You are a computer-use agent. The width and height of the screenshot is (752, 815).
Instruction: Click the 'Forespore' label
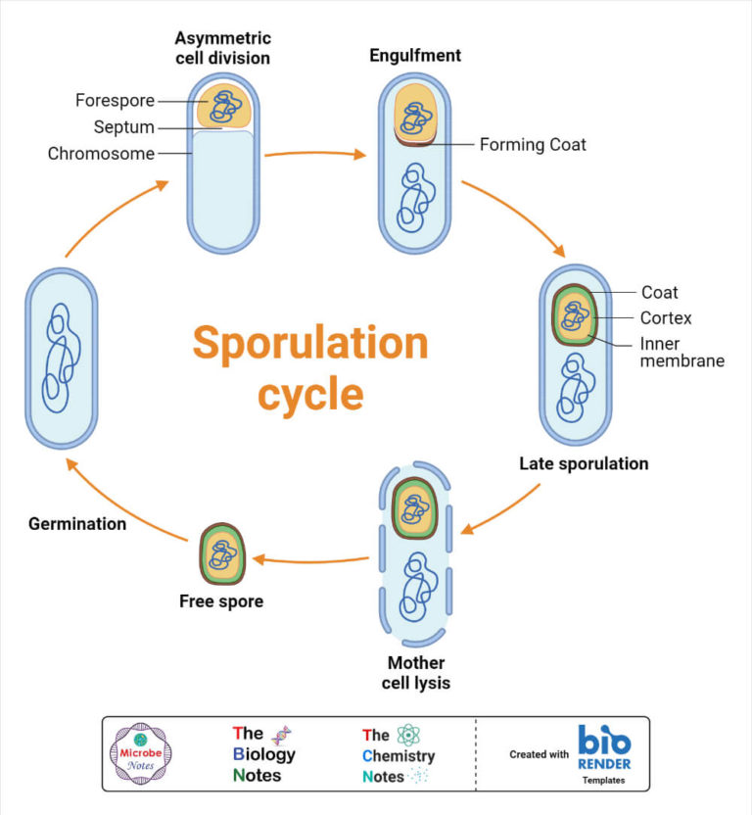pos(115,100)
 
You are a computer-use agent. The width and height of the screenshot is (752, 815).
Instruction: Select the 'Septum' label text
pos(124,126)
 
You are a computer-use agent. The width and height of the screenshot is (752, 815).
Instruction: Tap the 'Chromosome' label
pos(101,153)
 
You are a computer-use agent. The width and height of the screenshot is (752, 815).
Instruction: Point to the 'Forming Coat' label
pos(533,145)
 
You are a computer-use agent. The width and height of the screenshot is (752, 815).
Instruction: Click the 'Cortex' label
pos(666,317)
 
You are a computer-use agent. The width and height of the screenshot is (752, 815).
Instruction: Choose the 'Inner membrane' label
pos(681,353)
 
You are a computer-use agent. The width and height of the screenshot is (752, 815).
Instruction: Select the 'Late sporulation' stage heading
pos(584,463)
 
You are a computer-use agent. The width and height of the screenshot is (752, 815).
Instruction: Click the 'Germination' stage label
pos(77,523)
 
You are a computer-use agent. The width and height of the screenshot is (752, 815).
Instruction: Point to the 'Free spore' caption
pos(220,601)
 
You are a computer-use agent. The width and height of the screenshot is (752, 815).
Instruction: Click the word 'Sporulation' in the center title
pos(309,345)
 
